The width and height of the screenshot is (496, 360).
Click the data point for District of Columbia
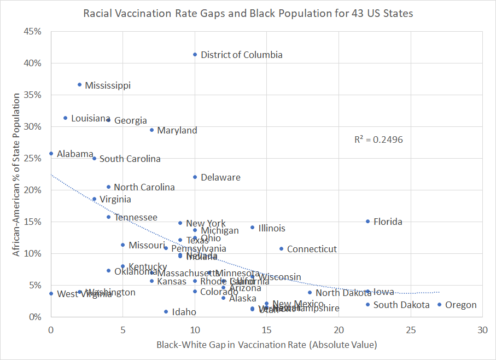[x=195, y=54]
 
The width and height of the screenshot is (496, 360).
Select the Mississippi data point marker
[x=80, y=84]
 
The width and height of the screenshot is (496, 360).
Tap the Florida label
[x=388, y=222]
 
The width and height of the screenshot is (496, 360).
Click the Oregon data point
[x=439, y=305]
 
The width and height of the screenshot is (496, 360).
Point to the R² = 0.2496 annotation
[x=378, y=140]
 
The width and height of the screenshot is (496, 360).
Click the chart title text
[x=248, y=13]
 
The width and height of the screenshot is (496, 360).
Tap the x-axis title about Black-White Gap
[x=267, y=345]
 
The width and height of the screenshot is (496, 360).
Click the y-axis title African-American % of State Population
[x=17, y=174]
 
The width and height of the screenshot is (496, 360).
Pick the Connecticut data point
[x=281, y=248]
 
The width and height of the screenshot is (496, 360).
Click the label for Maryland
[x=177, y=131]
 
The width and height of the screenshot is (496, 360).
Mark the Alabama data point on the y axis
[x=51, y=154]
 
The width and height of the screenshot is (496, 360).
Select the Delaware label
[x=220, y=178]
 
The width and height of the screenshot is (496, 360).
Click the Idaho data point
[x=166, y=311]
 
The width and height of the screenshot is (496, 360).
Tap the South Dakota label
[x=401, y=305]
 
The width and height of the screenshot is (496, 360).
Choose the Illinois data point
[x=252, y=227]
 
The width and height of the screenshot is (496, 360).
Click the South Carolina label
[x=130, y=159]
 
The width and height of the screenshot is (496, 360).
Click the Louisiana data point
[x=65, y=118]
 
